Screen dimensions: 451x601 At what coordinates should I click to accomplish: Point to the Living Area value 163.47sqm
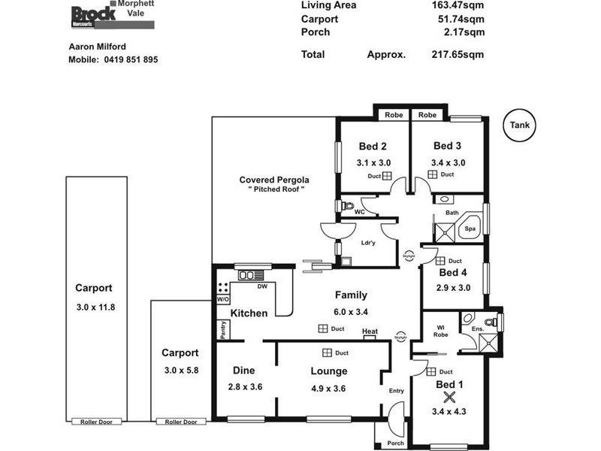[x=455, y=5]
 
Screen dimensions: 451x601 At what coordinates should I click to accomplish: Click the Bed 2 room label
[x=373, y=146]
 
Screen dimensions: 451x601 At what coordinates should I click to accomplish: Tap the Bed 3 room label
[x=448, y=146]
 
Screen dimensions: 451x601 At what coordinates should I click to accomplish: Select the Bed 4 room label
[x=454, y=273]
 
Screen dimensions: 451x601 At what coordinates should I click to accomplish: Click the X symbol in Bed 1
[x=450, y=398]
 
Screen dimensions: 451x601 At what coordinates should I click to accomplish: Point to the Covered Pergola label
[x=274, y=180]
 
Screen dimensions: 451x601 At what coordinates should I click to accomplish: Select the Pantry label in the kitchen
[x=223, y=328]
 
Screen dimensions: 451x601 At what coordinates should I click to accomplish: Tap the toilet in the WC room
[x=346, y=205]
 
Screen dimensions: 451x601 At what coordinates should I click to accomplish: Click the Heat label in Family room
[x=370, y=331]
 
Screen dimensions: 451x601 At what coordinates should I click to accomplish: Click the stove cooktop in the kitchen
[x=223, y=287]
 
